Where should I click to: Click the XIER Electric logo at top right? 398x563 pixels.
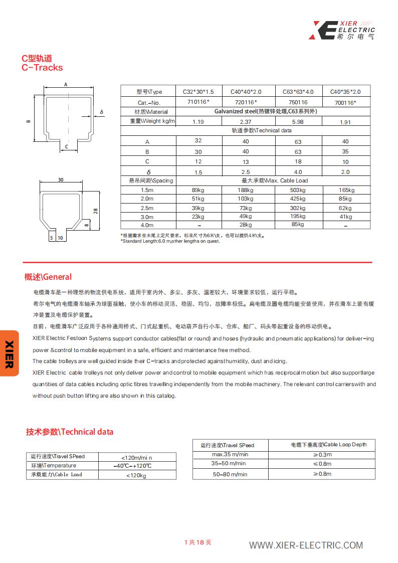coord(343,30)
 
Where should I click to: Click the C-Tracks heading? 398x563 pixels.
coord(42,68)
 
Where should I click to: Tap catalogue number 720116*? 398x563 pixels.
coord(246,102)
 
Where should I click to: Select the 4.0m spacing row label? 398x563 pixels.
coord(147,226)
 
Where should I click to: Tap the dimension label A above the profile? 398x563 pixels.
coord(66,85)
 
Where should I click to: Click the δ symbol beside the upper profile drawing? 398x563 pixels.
coord(101,112)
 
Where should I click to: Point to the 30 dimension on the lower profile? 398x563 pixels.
coord(61,179)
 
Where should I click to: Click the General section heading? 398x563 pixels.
coord(48,277)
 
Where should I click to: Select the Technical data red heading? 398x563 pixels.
coord(70,432)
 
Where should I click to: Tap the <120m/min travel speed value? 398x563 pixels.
coord(136,458)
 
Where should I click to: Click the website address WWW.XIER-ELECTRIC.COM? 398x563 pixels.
coord(306,545)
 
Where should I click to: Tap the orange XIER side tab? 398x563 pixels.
coord(9,353)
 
